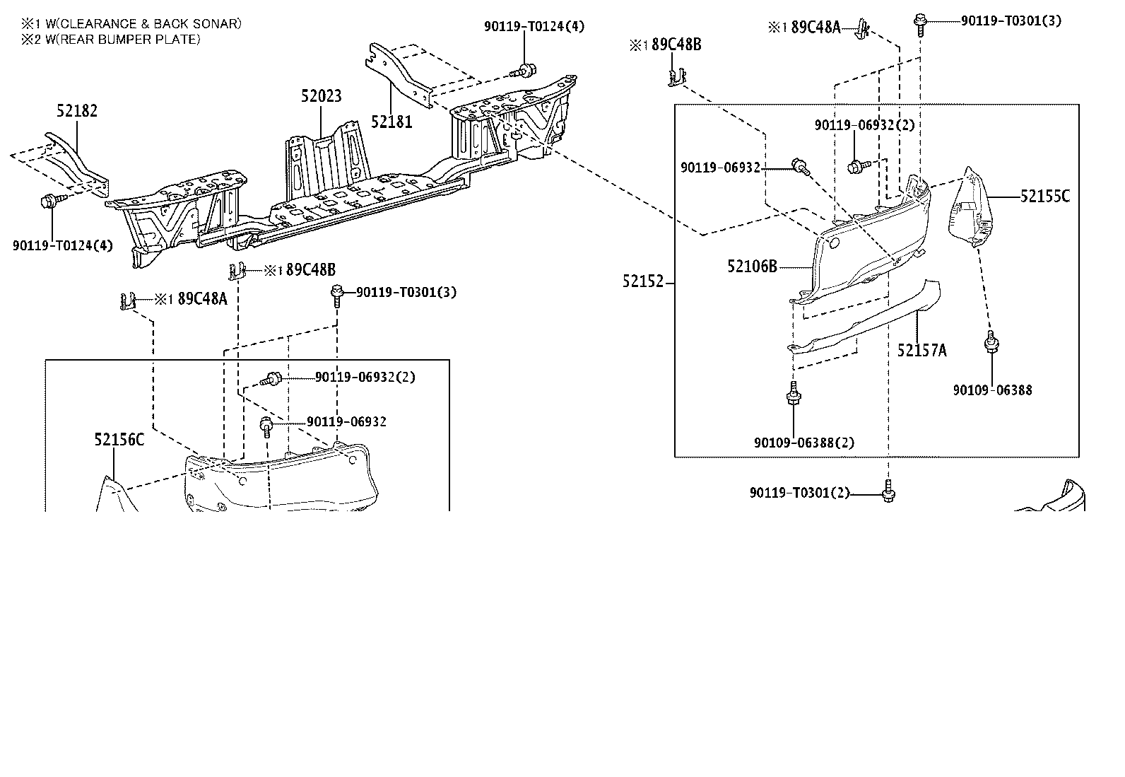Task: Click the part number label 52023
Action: point(321,95)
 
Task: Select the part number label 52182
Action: point(77,110)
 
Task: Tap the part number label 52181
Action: point(391,122)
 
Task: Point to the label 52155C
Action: point(1044,197)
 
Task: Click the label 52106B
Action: point(752,267)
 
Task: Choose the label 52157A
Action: point(921,349)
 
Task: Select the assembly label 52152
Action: point(643,281)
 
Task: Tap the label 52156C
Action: point(119,440)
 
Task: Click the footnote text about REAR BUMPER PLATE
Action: point(111,40)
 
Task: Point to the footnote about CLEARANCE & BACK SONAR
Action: point(131,24)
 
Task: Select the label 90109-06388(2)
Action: point(803,443)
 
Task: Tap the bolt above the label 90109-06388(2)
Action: point(794,393)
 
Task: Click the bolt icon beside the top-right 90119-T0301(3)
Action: point(919,22)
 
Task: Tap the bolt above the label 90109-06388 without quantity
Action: point(991,342)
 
